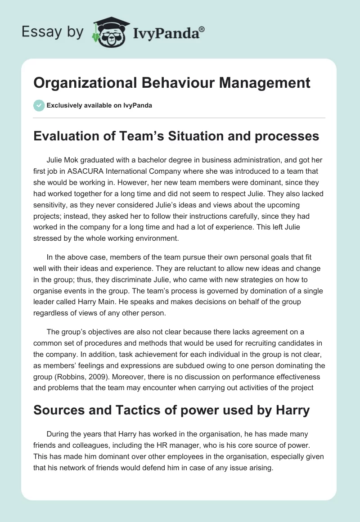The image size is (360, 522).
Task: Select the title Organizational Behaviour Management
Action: click(x=172, y=83)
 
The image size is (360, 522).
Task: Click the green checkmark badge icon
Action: click(x=39, y=105)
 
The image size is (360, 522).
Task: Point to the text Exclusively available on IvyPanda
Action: click(x=99, y=106)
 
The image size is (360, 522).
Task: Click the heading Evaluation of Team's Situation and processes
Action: click(x=176, y=136)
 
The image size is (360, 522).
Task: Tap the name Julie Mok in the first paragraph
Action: click(x=63, y=160)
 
